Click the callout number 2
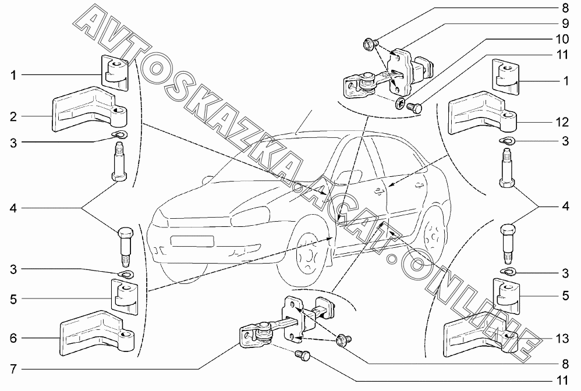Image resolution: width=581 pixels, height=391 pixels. click(12, 116)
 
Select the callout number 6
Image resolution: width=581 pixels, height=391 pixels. click(12, 338)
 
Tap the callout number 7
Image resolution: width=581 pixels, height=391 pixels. click(12, 369)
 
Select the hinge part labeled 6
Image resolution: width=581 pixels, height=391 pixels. click(93, 335)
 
